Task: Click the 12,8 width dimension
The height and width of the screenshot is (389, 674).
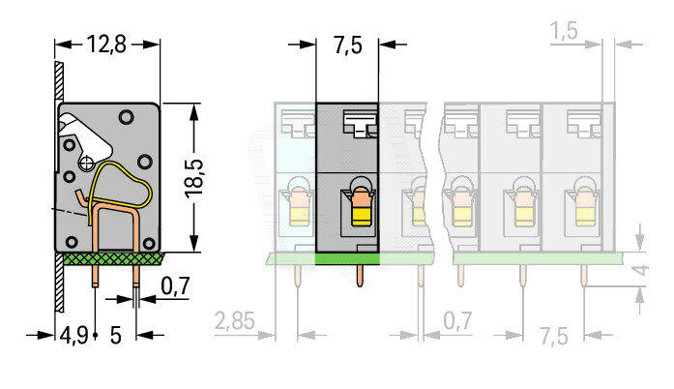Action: coord(106,44)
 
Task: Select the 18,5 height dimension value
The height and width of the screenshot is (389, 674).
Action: coord(193,179)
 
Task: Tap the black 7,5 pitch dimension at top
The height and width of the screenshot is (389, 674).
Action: coord(347,45)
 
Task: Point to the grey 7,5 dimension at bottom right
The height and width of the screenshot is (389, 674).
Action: coord(554,336)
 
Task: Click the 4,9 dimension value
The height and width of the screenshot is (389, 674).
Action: coord(73,335)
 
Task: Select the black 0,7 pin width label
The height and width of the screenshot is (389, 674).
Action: coord(175,285)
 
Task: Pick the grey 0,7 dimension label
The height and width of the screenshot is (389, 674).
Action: coord(457,320)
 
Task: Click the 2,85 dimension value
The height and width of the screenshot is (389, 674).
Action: coord(235,321)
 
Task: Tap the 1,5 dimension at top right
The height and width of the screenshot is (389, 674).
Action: coord(564,31)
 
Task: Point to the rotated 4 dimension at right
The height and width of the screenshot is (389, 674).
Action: coord(641,270)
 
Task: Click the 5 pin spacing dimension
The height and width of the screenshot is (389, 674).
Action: coord(116,335)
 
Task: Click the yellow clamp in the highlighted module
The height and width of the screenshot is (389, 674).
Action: coord(361,215)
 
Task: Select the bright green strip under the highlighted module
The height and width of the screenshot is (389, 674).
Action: coord(347,258)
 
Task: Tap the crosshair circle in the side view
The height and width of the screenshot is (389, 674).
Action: coord(86,164)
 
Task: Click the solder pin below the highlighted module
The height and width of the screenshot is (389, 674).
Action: coord(361,276)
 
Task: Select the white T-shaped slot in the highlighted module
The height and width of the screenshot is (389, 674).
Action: coord(361,123)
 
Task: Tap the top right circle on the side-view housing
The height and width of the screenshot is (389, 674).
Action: coord(127,117)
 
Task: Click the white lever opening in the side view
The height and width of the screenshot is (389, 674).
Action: coord(88,134)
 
